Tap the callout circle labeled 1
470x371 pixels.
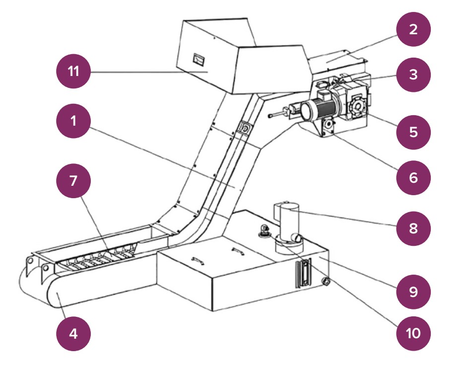click(73, 122)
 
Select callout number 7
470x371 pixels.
click(73, 180)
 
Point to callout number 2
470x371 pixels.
click(413, 29)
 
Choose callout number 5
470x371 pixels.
click(413, 132)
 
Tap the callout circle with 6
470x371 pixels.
click(413, 177)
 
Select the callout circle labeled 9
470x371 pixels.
click(413, 291)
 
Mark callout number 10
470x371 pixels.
click(413, 332)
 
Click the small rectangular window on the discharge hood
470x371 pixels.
click(200, 59)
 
